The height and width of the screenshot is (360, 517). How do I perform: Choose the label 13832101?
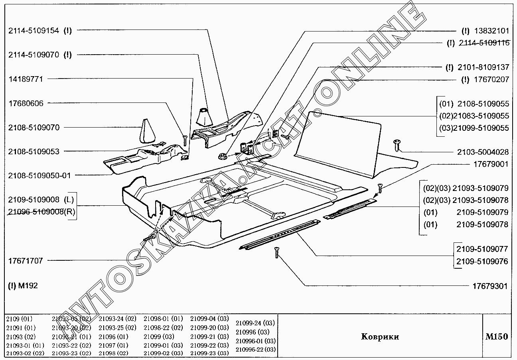pos(491,31)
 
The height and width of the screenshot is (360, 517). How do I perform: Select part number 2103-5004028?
pos(483,152)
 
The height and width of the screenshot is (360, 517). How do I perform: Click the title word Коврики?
pos(380,337)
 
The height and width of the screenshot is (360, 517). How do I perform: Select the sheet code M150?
pos(496,336)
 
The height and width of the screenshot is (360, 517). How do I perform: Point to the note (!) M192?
pos(23,285)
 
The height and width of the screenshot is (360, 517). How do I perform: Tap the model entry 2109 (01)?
pos(19,319)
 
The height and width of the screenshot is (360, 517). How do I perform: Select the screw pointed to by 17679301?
pos(276,252)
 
